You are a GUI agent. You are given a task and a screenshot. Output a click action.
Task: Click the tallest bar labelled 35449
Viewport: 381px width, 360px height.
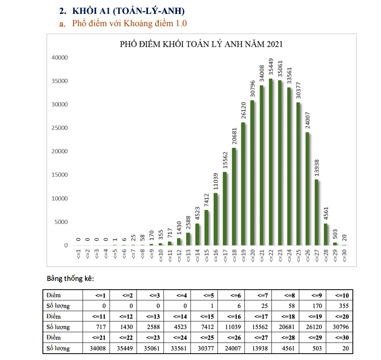pos(271,162)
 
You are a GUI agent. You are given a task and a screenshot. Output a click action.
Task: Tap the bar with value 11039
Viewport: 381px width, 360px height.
pos(216,219)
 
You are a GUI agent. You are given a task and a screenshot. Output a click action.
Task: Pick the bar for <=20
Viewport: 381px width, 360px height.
pos(252,173)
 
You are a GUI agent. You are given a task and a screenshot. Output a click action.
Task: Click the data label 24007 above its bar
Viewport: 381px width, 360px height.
pos(307,118)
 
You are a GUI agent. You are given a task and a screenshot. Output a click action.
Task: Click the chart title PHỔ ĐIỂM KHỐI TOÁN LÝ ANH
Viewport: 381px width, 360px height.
pos(201,44)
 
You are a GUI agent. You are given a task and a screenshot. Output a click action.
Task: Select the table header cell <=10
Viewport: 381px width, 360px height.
pos(339,295)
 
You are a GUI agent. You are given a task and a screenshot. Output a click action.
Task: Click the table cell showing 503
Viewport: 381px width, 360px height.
pos(312,348)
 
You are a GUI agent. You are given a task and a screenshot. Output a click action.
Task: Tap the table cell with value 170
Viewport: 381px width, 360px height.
pos(312,306)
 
